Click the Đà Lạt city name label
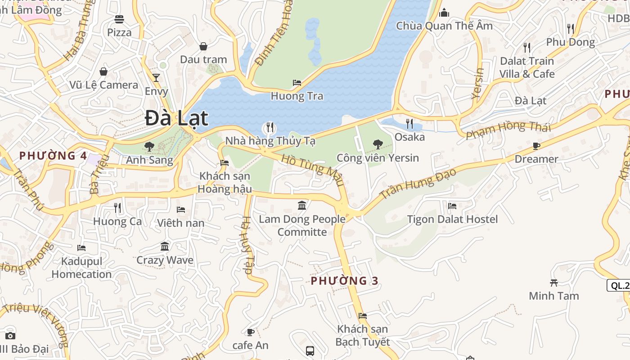[x=176, y=118]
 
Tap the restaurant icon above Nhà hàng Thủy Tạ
[x=270, y=127]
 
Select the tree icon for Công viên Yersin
[x=378, y=144]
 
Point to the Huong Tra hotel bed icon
[x=297, y=83]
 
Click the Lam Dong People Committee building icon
[x=302, y=206]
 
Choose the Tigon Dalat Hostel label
[x=452, y=219]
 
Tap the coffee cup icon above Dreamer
[x=536, y=146]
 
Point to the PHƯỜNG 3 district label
[x=345, y=281]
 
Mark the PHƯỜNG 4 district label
[x=53, y=156]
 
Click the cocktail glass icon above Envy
[x=156, y=78]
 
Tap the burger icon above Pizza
[x=119, y=19]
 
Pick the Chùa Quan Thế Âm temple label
[x=444, y=26]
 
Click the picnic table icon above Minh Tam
[x=554, y=283]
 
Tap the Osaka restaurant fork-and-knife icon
[x=409, y=123]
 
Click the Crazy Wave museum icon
[x=165, y=247]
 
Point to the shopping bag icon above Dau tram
[x=203, y=46]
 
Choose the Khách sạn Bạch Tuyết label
[x=363, y=335]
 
